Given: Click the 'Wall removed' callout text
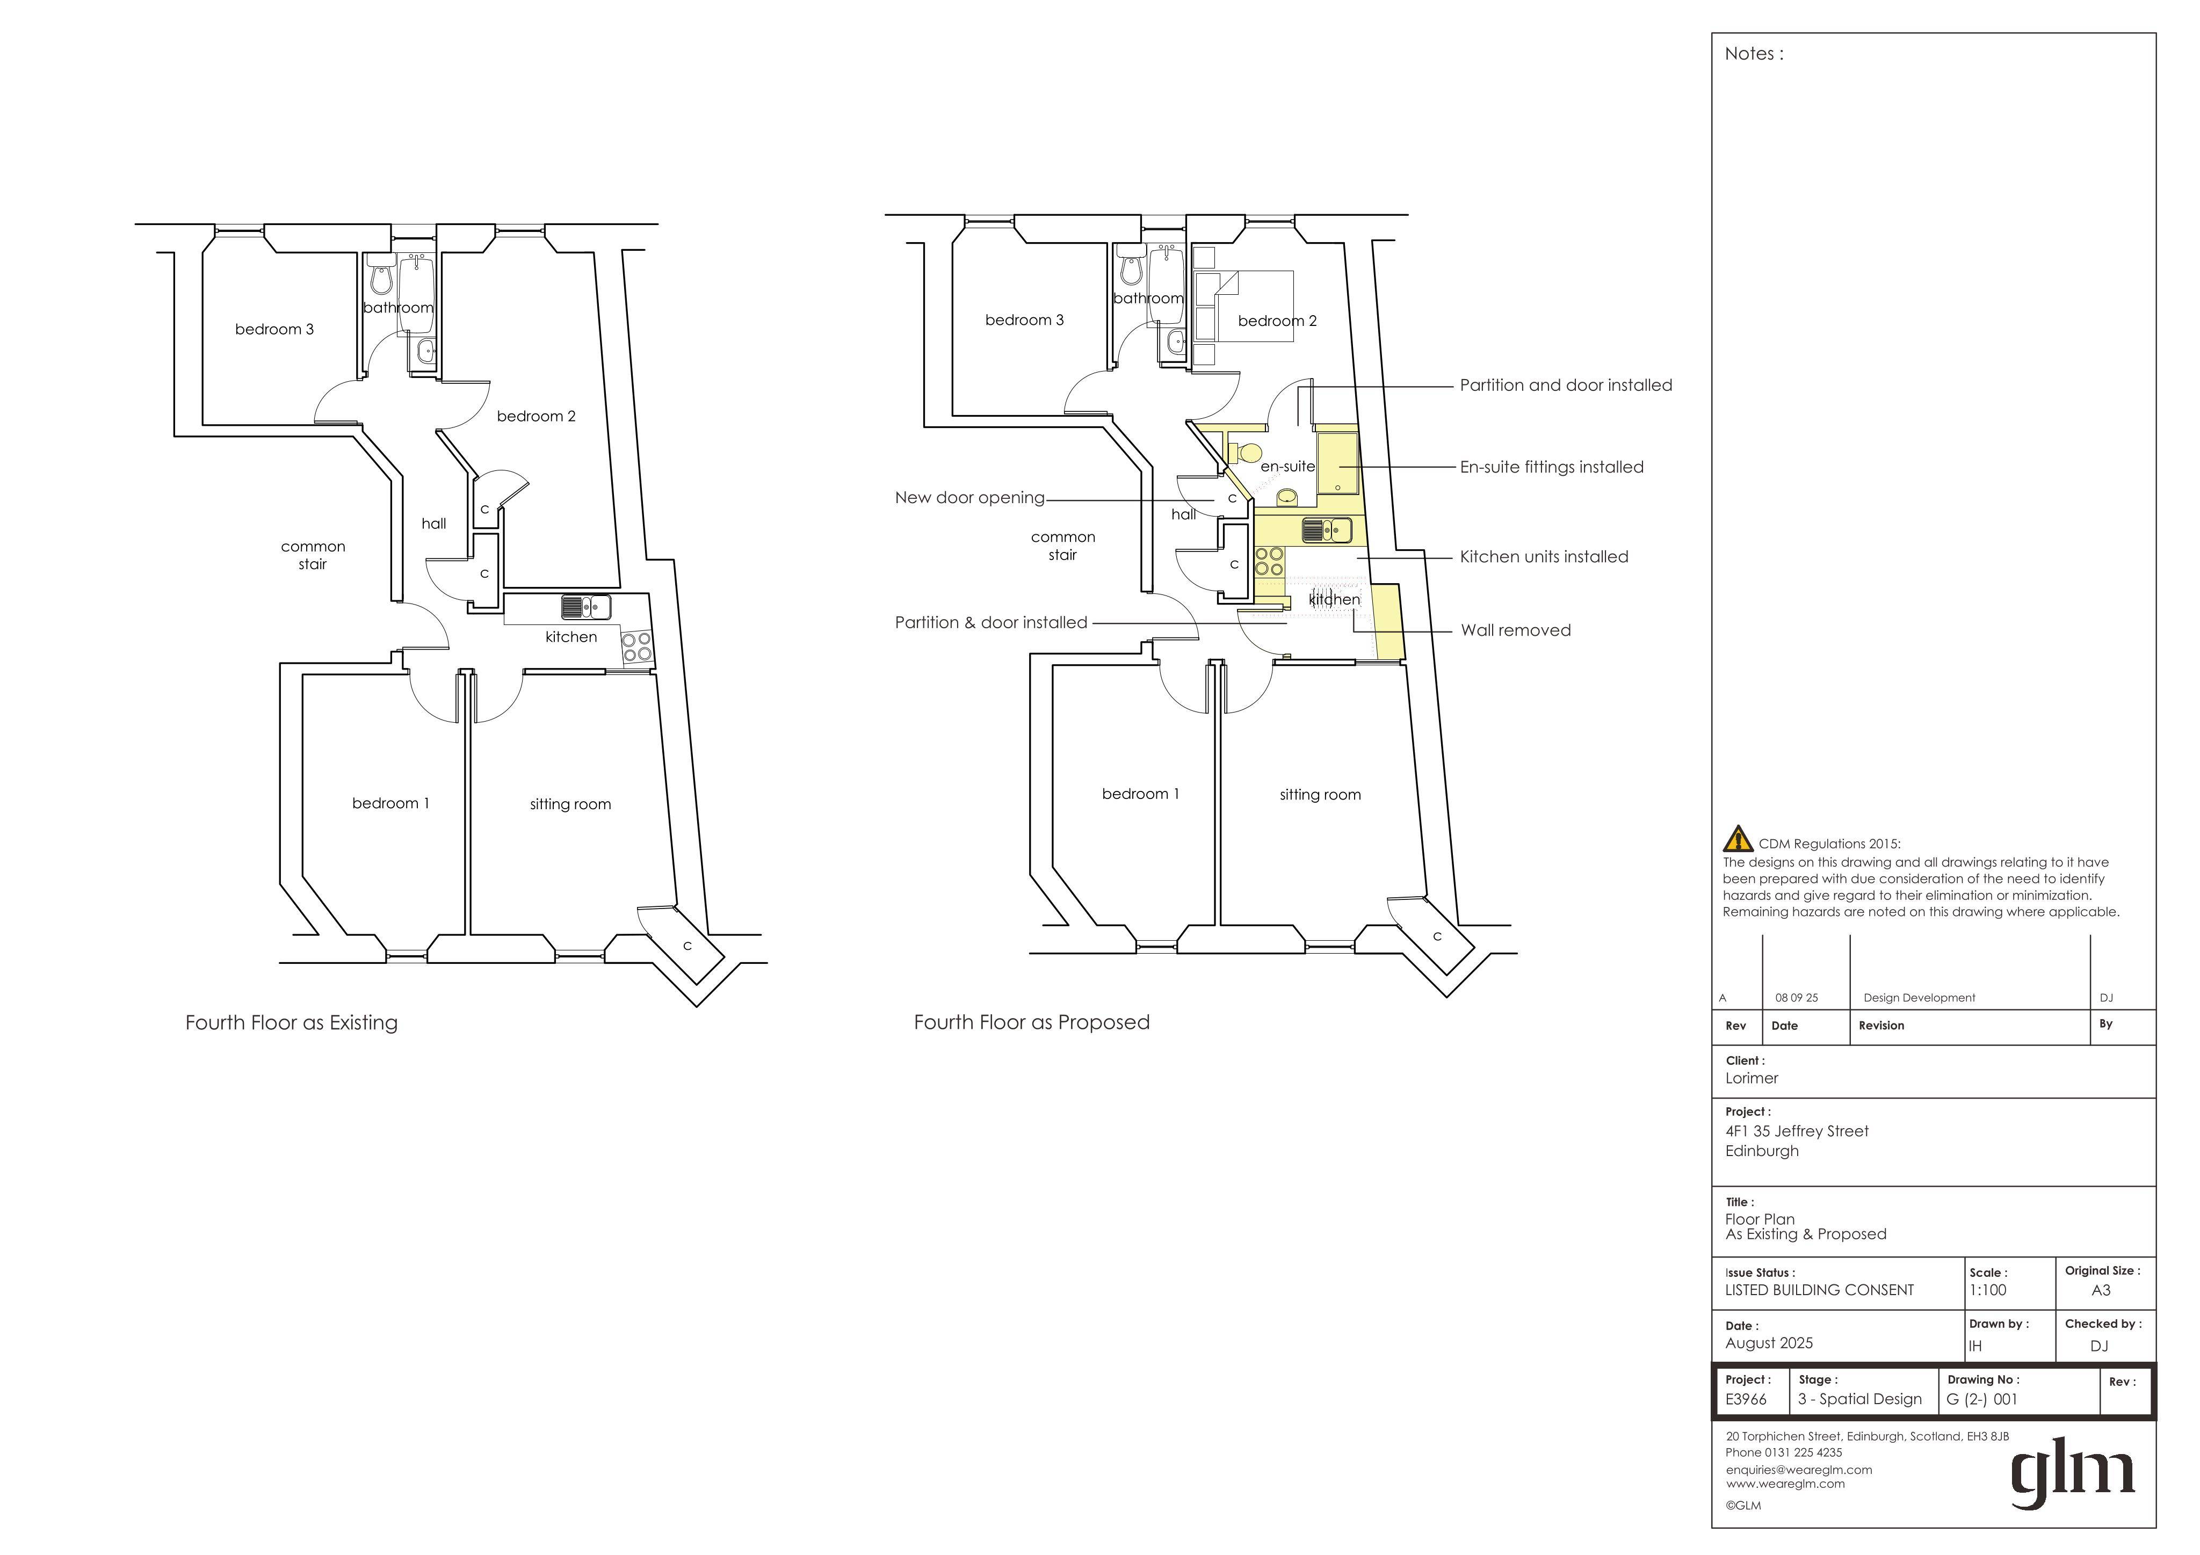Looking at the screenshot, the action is click(x=1516, y=630).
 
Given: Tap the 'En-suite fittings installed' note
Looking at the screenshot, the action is click(x=1551, y=468).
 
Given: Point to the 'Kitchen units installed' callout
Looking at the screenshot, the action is click(x=1544, y=557).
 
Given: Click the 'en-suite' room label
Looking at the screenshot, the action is click(x=1288, y=467).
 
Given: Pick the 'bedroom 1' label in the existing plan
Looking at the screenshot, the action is click(x=391, y=803).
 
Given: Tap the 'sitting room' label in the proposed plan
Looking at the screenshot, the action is click(x=1320, y=794).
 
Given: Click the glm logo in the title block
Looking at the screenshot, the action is click(x=2072, y=1477).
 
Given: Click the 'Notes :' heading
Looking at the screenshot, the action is click(x=1754, y=54).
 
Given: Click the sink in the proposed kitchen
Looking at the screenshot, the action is click(x=1327, y=529).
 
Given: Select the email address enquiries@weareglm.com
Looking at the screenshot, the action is click(x=1799, y=1470).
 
